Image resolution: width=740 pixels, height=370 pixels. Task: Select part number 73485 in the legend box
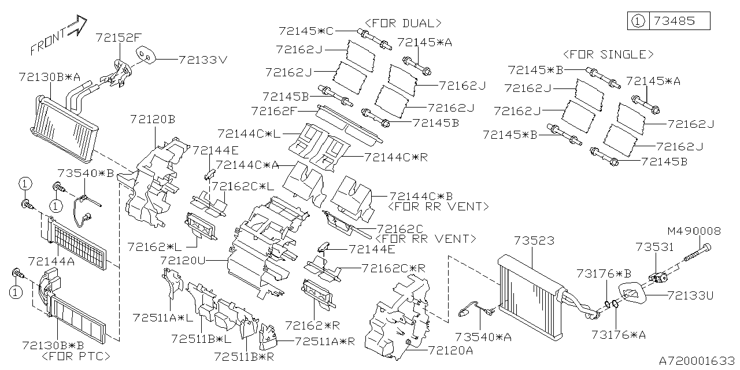point(679,21)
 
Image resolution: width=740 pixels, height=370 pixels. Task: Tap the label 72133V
point(203,59)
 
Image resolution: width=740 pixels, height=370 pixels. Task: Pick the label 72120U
point(183,261)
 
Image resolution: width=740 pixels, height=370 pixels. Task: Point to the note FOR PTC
point(76,356)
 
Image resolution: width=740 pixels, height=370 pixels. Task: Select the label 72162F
point(274,110)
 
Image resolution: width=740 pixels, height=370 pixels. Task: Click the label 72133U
point(690,295)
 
